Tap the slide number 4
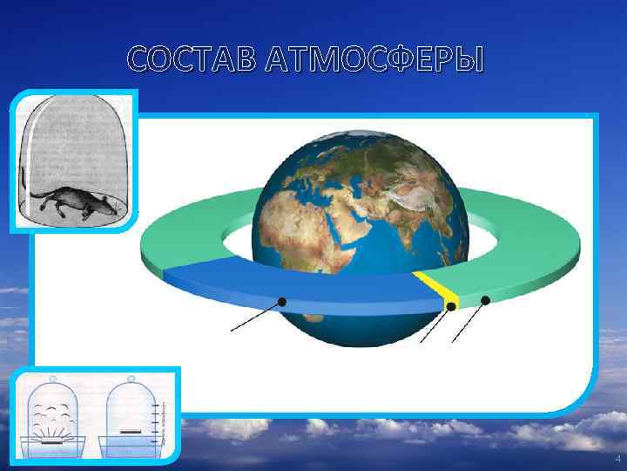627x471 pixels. pos(617,459)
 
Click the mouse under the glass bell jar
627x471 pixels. pos(74,200)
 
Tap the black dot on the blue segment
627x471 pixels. pos(281,302)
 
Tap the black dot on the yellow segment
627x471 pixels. pos(451,307)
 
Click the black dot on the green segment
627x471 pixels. pos(485,300)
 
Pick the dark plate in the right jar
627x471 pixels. pos(131,430)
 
